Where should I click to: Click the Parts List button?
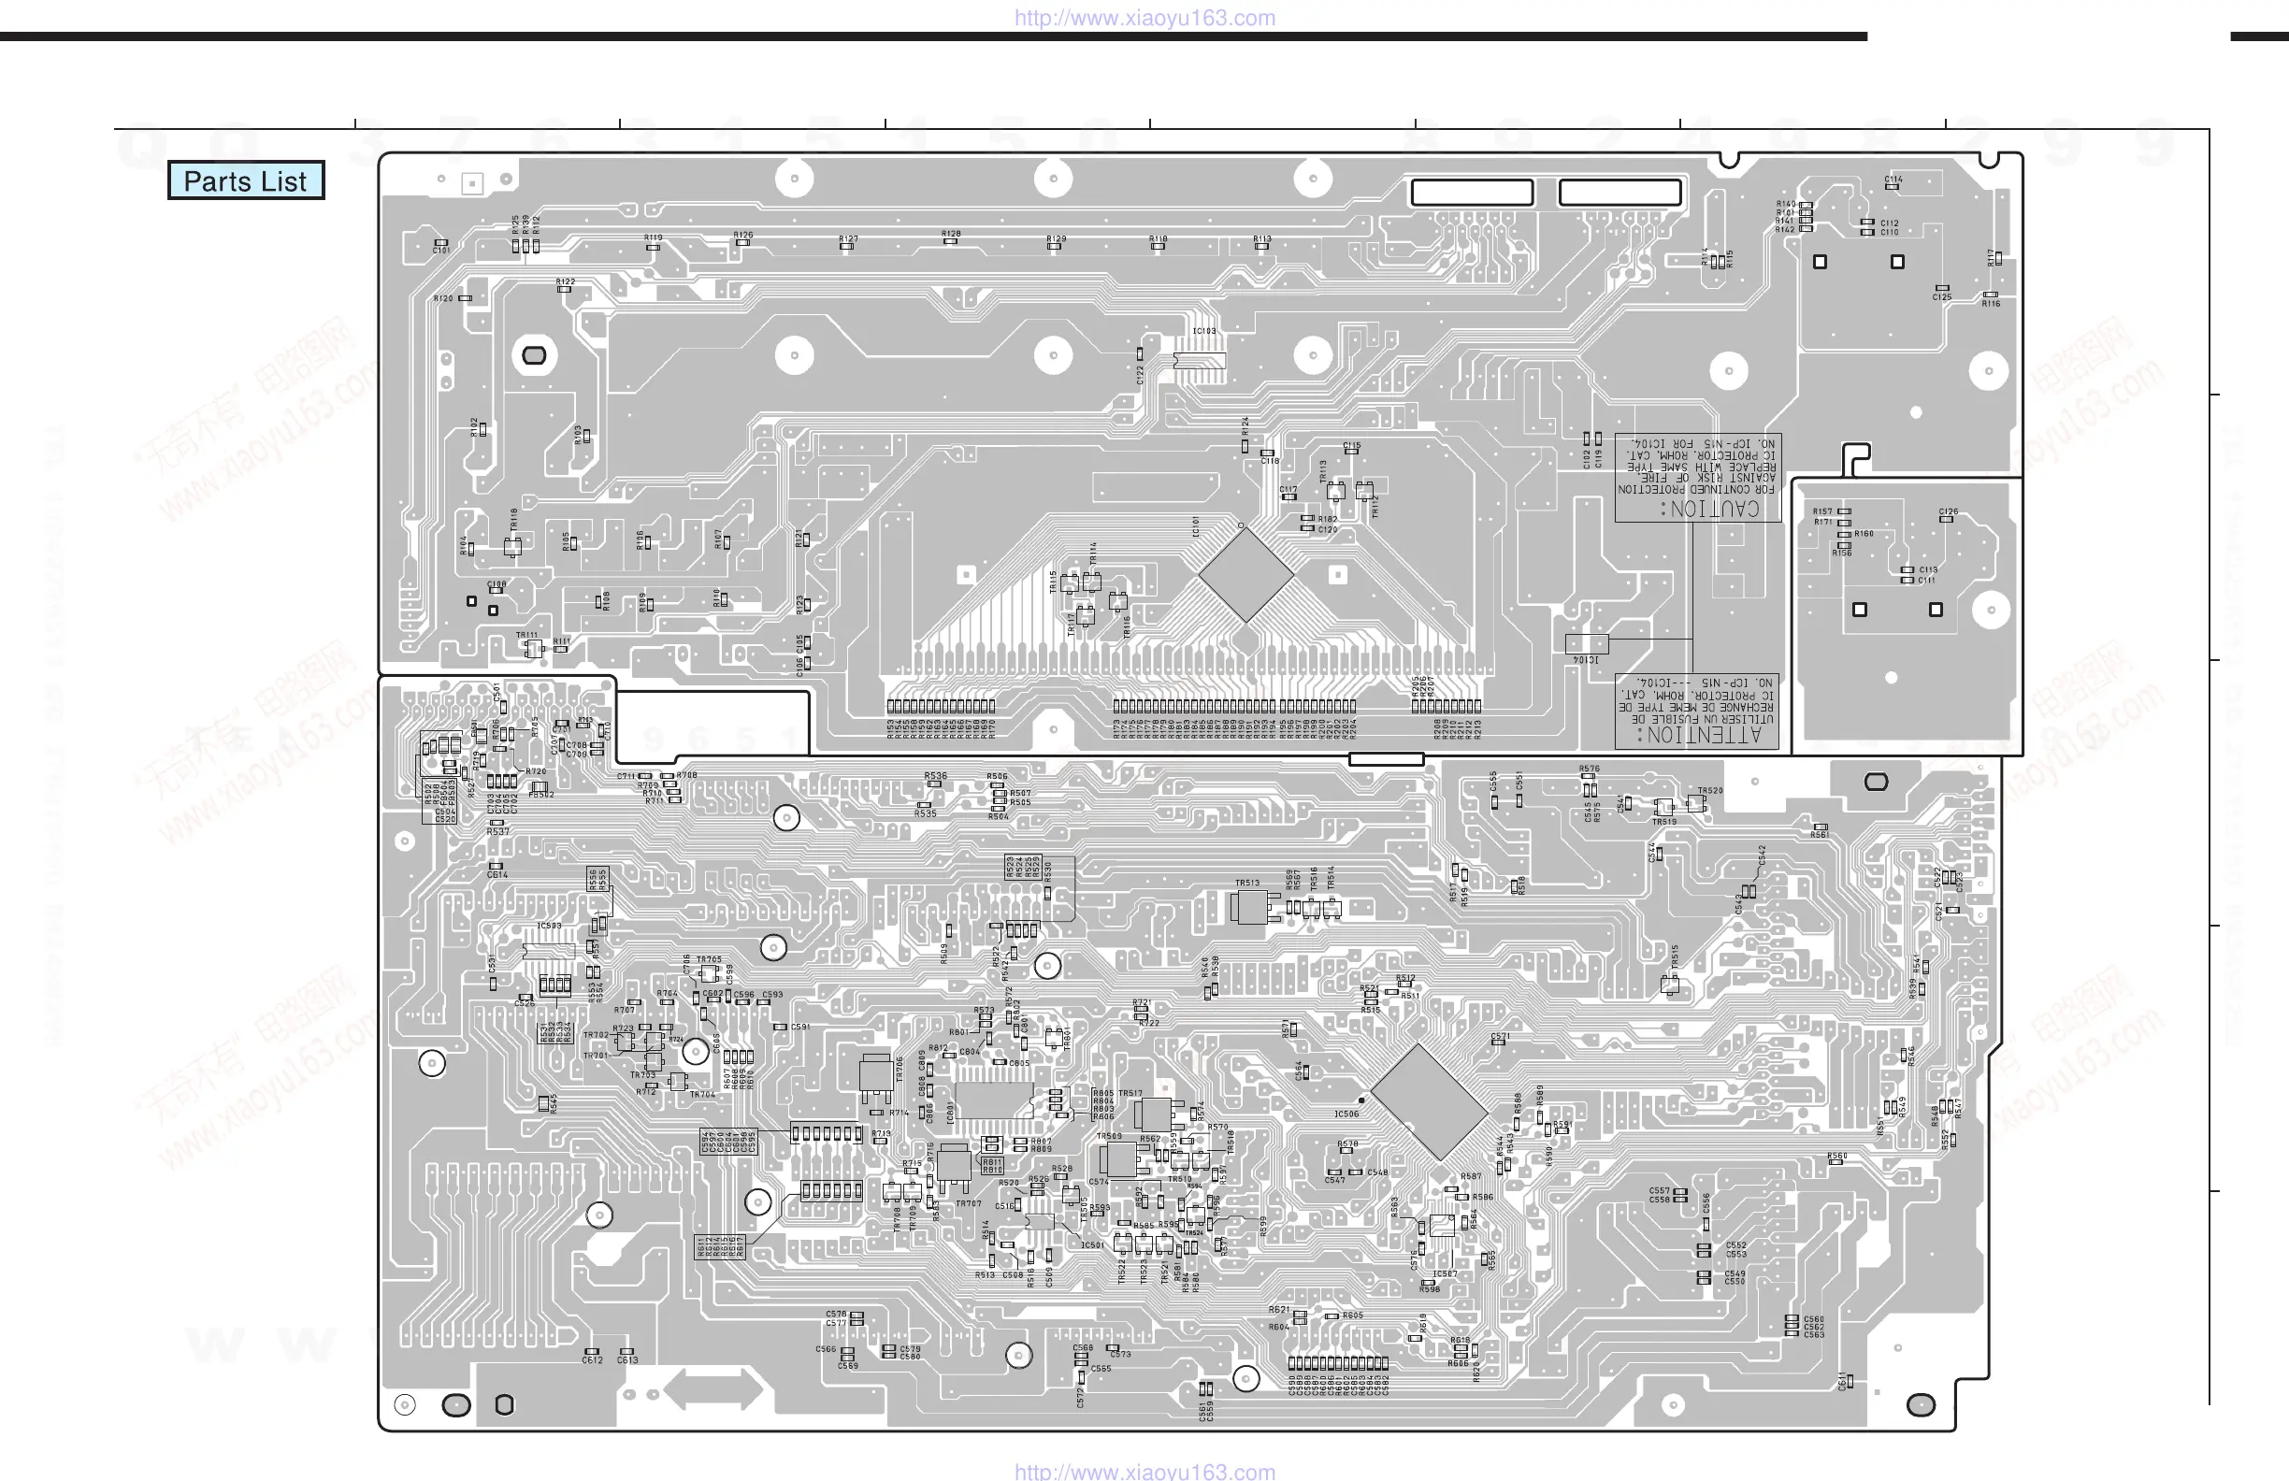245,180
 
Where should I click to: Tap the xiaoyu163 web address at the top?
1144,18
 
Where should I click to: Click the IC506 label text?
1346,1114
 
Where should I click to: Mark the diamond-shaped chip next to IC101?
1245,574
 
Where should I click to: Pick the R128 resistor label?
951,234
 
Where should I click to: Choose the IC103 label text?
1204,331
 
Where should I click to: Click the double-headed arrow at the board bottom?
713,1389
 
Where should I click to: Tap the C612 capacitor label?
593,1360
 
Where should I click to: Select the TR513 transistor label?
1247,883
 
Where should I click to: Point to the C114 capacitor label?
1893,179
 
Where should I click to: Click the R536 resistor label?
935,776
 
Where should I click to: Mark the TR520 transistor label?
1710,790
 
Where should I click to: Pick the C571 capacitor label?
1501,1037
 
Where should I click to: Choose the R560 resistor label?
1837,1156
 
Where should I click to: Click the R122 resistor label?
566,281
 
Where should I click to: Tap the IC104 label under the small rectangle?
1585,661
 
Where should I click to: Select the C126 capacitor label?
1949,511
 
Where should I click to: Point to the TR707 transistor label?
969,1203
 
